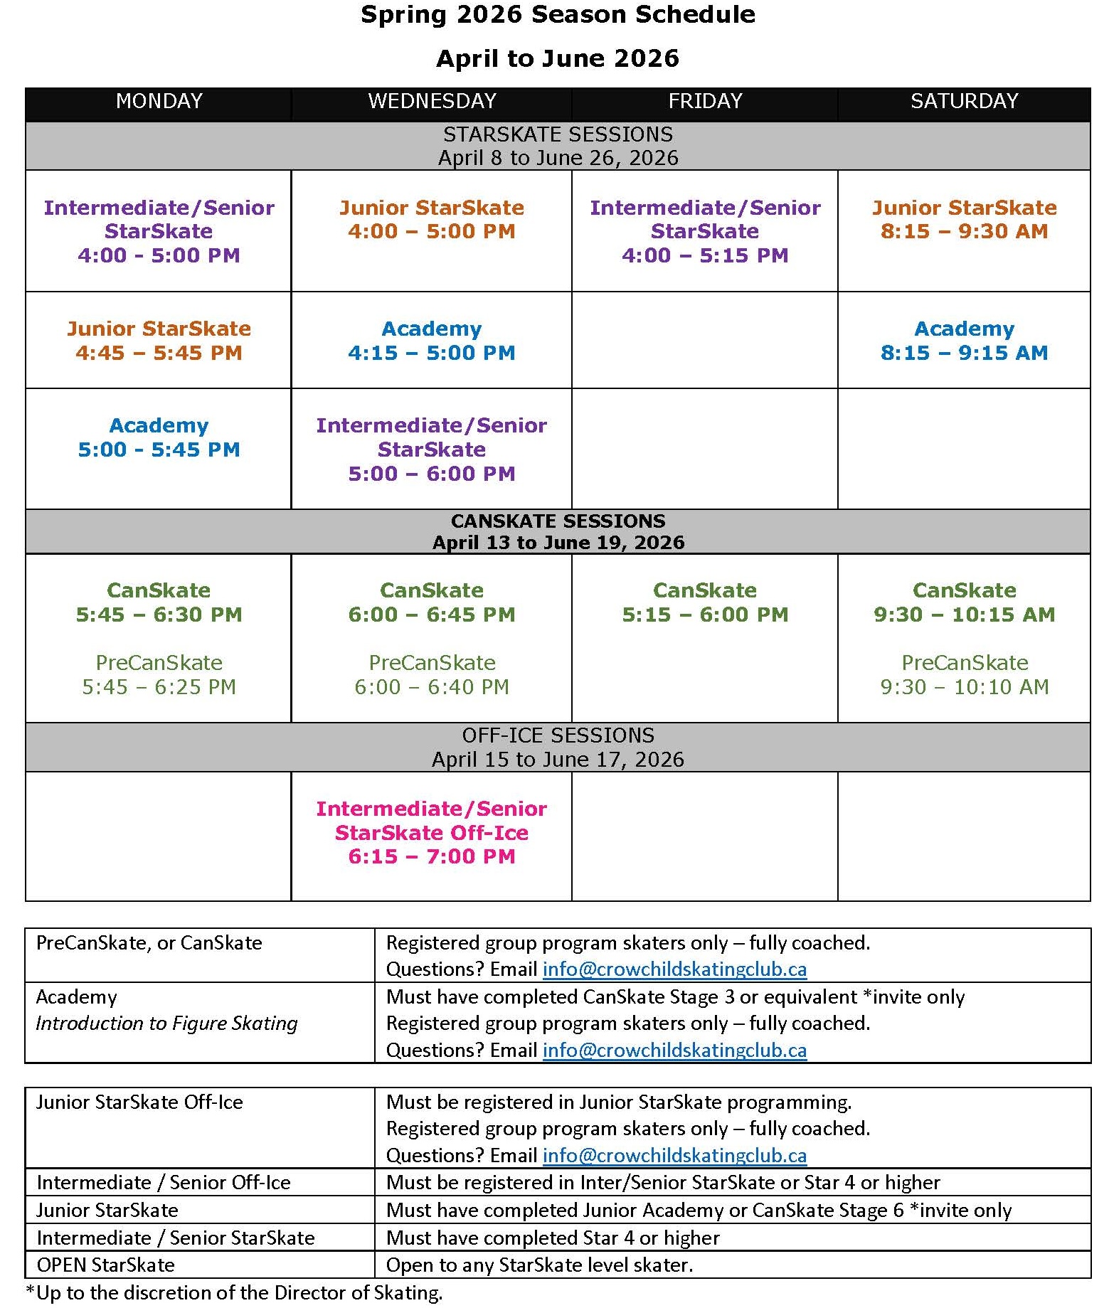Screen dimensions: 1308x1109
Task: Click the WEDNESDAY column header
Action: click(x=432, y=101)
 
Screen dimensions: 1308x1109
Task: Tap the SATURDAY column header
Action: click(x=964, y=101)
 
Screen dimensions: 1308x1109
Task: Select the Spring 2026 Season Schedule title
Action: click(x=558, y=15)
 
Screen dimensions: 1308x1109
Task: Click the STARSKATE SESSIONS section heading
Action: click(x=558, y=134)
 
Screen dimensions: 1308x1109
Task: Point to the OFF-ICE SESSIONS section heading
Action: click(x=558, y=735)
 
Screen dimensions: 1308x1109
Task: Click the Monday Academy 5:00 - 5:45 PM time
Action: click(x=159, y=450)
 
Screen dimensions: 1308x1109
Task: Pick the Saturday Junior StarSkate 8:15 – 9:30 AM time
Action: click(x=964, y=231)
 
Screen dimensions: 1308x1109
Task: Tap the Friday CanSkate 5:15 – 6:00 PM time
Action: click(x=705, y=615)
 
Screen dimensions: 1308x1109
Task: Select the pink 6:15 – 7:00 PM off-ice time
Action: click(x=432, y=856)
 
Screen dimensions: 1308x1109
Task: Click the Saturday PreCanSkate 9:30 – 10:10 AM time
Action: click(x=964, y=687)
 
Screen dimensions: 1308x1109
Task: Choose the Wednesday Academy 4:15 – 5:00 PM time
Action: click(x=432, y=353)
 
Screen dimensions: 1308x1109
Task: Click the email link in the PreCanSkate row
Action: click(x=674, y=969)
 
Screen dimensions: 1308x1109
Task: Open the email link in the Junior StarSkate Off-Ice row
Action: click(x=674, y=1156)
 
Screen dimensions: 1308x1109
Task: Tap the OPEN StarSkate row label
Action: click(x=105, y=1265)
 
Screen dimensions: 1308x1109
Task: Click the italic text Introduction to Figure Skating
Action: click(x=166, y=1023)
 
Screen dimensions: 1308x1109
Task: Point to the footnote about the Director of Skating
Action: click(x=234, y=1293)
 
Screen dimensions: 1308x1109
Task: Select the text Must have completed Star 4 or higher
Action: click(x=553, y=1238)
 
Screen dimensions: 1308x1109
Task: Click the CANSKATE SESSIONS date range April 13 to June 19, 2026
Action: click(x=558, y=543)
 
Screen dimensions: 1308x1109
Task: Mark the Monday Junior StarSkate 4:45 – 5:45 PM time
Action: click(x=159, y=353)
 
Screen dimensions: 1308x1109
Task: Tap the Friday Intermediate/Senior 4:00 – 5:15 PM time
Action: click(x=705, y=255)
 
